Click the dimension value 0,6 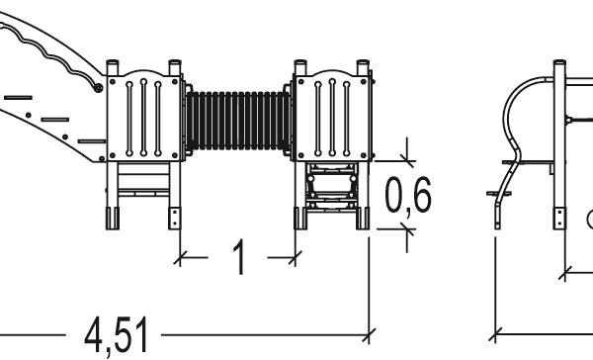click(x=407, y=196)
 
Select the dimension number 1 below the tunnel click(x=240, y=257)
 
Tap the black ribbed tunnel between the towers click(x=238, y=121)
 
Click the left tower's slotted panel click(x=143, y=118)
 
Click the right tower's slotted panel click(x=331, y=118)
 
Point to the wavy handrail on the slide click(x=49, y=54)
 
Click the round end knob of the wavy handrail click(x=98, y=88)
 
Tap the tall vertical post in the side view click(x=559, y=143)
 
